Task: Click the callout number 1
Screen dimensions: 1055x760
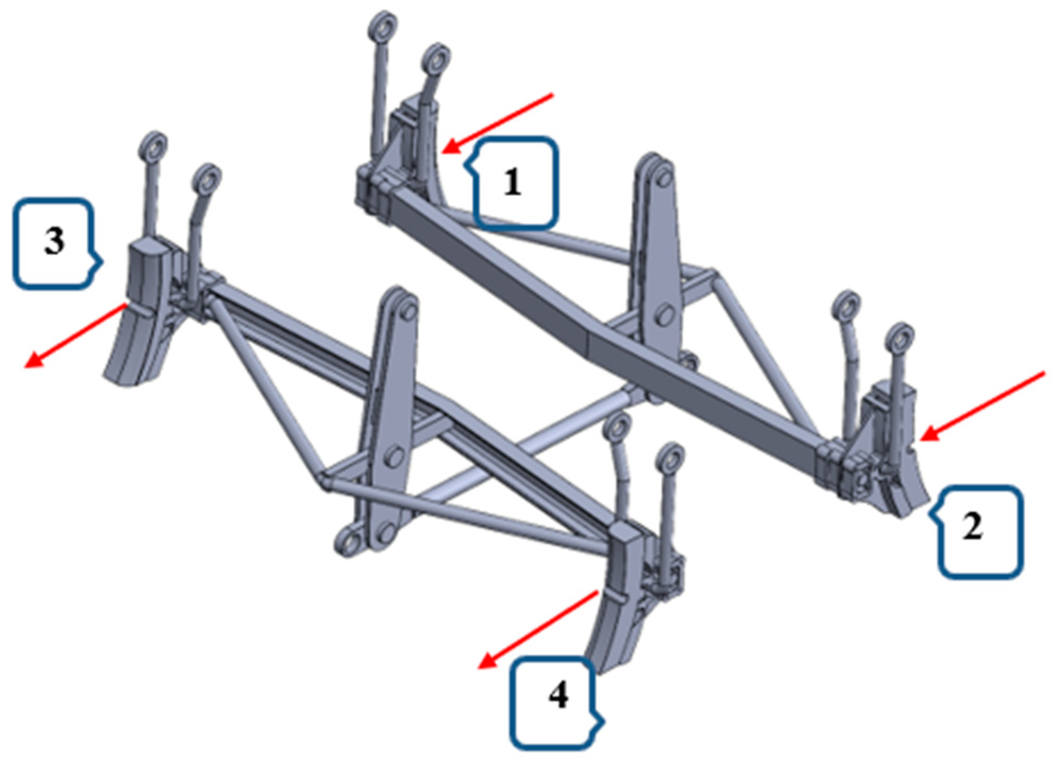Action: (x=511, y=183)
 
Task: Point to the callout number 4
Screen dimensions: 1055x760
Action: (x=558, y=695)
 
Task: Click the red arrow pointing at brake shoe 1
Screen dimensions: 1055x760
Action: (x=498, y=123)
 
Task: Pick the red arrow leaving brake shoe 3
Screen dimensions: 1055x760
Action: (x=75, y=335)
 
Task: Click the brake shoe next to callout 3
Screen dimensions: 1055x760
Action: (x=140, y=312)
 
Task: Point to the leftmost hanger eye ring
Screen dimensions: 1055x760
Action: (x=154, y=145)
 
